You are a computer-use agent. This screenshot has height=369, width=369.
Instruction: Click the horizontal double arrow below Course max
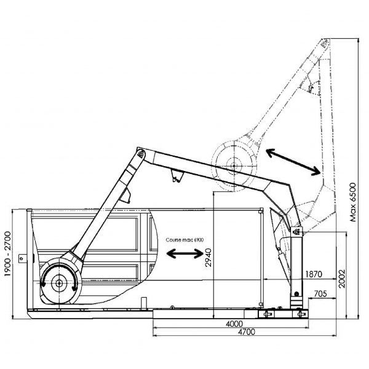coord(186,253)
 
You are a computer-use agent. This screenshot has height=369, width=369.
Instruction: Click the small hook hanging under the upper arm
coord(177,178)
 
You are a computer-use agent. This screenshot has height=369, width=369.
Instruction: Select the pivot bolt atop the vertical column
coord(298,232)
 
